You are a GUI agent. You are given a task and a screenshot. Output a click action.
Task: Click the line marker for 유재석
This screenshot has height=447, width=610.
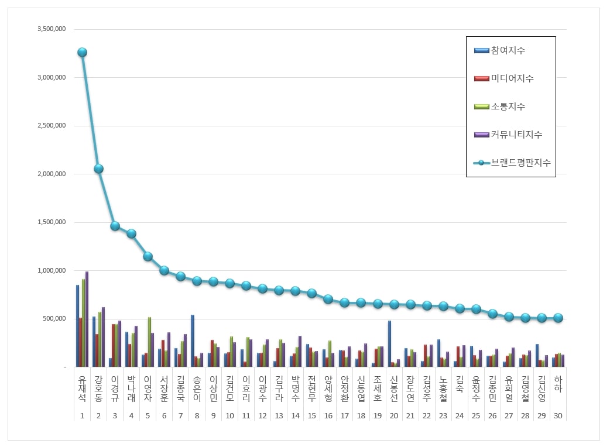click(x=82, y=52)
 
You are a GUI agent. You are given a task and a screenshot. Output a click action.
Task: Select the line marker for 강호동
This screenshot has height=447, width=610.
click(x=98, y=169)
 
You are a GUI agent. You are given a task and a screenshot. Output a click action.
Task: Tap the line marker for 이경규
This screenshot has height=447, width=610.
click(x=115, y=226)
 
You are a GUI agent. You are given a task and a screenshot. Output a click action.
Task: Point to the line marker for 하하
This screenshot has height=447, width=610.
click(x=558, y=318)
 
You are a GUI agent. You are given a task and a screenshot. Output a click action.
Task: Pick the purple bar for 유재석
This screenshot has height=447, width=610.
click(x=87, y=319)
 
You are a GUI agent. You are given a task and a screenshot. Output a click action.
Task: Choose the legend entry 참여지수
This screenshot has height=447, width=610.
click(x=508, y=50)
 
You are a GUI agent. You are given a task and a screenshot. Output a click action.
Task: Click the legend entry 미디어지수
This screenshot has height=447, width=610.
click(x=512, y=78)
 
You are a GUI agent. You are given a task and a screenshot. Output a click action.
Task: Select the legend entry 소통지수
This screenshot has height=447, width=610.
click(x=508, y=106)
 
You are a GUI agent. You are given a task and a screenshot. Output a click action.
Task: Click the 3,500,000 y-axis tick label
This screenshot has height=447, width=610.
click(x=51, y=29)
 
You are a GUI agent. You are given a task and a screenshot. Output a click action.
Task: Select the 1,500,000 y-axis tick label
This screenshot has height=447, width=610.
click(x=51, y=222)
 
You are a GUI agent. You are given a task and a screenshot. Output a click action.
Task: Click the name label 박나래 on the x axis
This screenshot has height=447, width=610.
click(x=131, y=388)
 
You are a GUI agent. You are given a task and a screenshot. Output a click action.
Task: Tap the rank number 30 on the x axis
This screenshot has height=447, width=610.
click(x=558, y=416)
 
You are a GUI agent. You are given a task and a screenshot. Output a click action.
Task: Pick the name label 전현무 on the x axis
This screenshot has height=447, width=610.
click(x=312, y=388)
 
